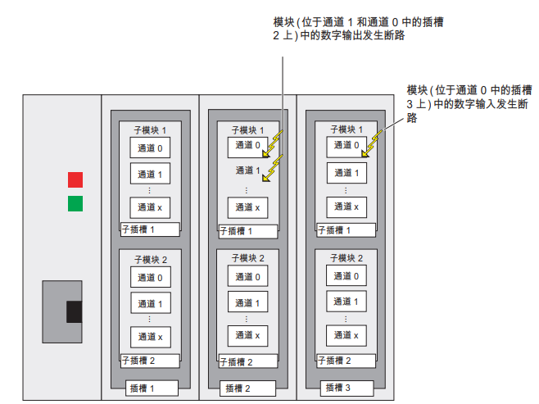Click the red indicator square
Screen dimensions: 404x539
click(x=75, y=179)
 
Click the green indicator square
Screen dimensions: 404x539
click(x=75, y=202)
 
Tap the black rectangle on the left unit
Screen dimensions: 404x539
click(x=74, y=311)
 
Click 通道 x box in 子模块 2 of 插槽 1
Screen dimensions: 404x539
click(x=150, y=336)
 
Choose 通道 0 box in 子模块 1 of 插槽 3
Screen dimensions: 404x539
click(x=346, y=147)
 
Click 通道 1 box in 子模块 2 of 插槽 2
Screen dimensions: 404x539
click(x=248, y=303)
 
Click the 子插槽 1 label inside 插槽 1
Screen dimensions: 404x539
click(x=138, y=229)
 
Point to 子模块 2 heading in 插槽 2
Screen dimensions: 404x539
click(x=247, y=258)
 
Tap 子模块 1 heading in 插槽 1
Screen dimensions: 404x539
click(x=150, y=129)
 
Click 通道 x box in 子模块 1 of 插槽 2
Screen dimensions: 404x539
click(x=248, y=207)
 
